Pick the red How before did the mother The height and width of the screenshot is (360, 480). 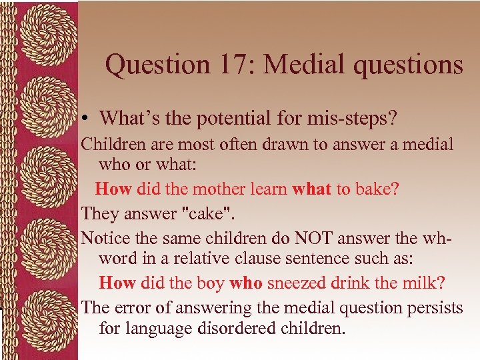tap(113, 189)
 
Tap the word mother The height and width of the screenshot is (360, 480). tap(216, 189)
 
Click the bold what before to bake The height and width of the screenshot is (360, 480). tap(312, 189)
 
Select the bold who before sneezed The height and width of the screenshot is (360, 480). tap(246, 283)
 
